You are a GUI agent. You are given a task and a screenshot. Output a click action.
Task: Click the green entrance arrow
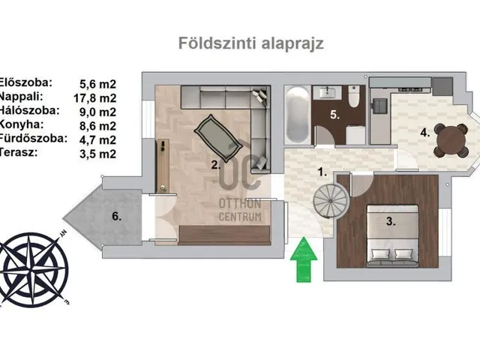pyautogui.click(x=304, y=259)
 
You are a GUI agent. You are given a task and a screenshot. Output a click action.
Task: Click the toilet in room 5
pyautogui.click(x=353, y=96)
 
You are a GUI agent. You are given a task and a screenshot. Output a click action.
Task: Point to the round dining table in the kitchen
pyautogui.click(x=451, y=140)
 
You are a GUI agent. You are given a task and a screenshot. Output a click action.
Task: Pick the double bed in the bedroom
pyautogui.click(x=393, y=235)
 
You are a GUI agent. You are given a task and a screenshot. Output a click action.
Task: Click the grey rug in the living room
pyautogui.click(x=218, y=138)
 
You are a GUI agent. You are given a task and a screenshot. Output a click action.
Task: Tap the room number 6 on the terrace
pyautogui.click(x=117, y=216)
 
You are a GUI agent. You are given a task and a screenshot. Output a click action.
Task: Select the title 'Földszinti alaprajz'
pyautogui.click(x=251, y=43)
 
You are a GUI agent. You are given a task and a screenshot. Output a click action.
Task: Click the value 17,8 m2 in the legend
pyautogui.click(x=95, y=98)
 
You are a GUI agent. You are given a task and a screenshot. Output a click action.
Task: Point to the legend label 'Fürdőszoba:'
pyautogui.click(x=33, y=138)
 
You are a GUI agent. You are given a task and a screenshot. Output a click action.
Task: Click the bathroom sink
pyautogui.click(x=327, y=91)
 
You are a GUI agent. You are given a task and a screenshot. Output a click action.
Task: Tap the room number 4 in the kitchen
pyautogui.click(x=425, y=133)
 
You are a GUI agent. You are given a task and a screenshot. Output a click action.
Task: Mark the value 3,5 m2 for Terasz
pyautogui.click(x=98, y=154)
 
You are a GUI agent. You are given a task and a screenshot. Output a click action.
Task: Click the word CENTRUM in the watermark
pyautogui.click(x=240, y=217)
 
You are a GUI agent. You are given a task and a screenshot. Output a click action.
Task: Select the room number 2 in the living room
pyautogui.click(x=216, y=165)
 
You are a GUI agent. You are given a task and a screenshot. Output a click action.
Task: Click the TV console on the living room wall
pyautogui.click(x=163, y=166)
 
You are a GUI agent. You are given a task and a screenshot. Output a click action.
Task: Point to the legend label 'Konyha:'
pyautogui.click(x=22, y=124)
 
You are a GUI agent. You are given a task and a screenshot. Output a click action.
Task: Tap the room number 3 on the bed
pyautogui.click(x=391, y=221)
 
